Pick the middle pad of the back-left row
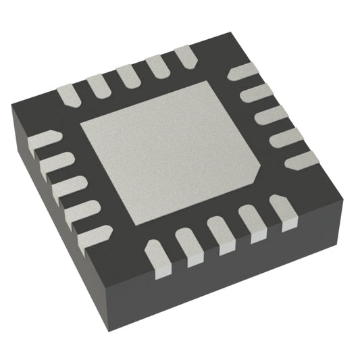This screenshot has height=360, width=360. tap(127, 75)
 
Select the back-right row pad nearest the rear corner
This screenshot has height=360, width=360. tap(238, 76)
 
